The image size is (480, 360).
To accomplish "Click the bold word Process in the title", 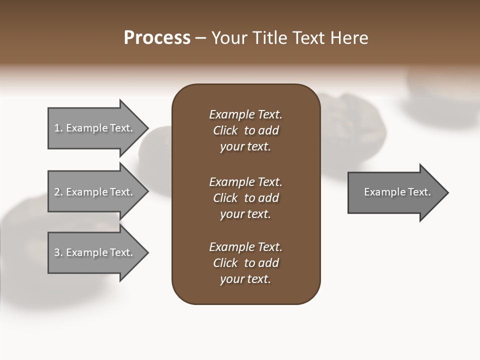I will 157,38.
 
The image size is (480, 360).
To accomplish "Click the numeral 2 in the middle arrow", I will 57,192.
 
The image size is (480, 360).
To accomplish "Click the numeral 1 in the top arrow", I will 57,128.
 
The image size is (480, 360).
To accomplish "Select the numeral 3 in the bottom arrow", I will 57,252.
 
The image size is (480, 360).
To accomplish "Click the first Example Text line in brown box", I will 245,114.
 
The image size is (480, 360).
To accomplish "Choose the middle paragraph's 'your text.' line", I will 245,214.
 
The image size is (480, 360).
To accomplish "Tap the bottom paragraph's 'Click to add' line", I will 245,263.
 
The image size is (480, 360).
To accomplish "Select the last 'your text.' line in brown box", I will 245,279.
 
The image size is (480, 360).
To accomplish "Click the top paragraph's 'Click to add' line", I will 245,130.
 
